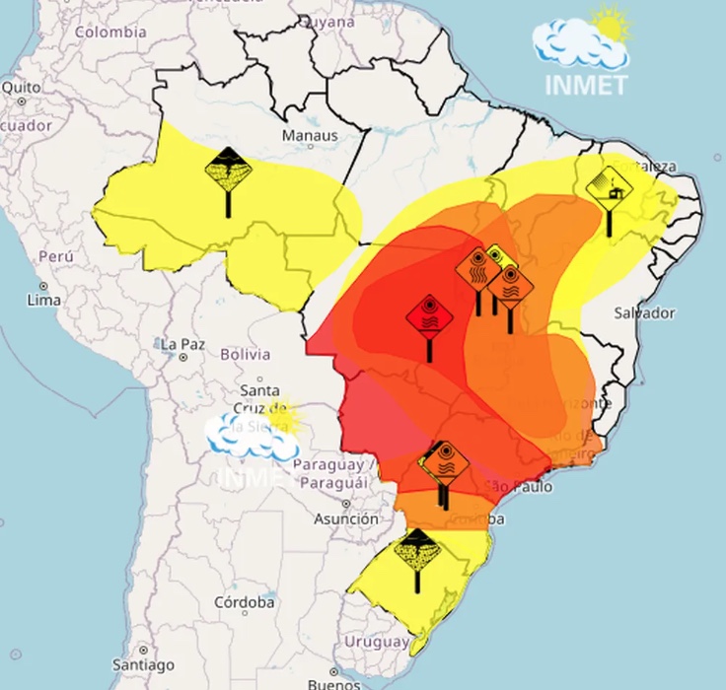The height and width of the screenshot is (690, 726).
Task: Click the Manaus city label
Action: [310, 135]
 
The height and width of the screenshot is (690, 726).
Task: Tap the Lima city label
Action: [45, 299]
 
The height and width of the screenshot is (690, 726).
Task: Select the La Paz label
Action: [182, 345]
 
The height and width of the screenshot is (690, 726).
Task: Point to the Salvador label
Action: [644, 312]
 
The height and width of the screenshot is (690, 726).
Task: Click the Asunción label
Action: [346, 518]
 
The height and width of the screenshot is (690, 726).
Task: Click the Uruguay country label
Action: [376, 642]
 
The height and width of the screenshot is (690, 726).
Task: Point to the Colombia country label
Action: [110, 32]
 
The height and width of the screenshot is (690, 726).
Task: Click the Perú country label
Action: [56, 256]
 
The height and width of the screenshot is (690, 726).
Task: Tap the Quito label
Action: [21, 87]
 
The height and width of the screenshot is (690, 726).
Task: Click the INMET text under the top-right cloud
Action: [586, 85]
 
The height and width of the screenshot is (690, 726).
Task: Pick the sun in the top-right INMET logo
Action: [610, 25]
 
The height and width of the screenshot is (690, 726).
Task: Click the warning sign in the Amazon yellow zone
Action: [229, 172]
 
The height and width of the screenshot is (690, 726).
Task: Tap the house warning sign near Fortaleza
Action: [609, 190]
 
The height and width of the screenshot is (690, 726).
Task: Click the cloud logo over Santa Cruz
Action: [253, 434]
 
